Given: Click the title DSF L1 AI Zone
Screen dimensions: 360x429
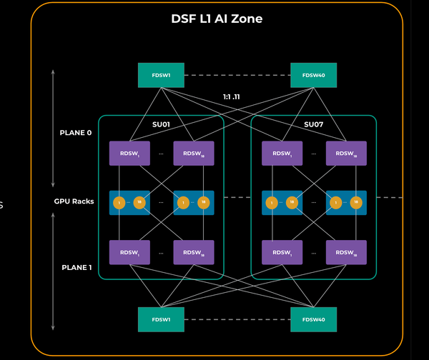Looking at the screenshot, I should coord(216,19).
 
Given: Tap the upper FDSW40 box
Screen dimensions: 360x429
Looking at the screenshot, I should coord(314,74).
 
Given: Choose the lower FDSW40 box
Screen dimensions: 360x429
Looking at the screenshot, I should coord(314,319).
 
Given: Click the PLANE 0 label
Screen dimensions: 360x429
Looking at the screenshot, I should coord(77,133).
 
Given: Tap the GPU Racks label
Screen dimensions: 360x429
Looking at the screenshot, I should coord(74,201).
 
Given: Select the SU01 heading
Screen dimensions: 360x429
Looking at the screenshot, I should coord(161,125).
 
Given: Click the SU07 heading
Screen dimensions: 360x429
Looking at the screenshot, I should coord(313,125).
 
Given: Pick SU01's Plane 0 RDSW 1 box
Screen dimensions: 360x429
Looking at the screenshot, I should coord(129,154).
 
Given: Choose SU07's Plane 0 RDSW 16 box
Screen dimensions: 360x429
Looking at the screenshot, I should coord(346,154).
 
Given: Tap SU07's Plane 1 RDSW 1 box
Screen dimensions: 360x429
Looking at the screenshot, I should coord(282,252).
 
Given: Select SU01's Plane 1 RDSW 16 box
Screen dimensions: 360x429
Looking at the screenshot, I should coord(194,252).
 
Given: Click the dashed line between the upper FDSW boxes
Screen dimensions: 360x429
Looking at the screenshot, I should coord(237,74).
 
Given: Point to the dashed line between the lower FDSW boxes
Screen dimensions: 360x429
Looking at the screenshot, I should coord(237,319).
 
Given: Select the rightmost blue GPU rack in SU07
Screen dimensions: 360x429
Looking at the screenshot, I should coord(346,203).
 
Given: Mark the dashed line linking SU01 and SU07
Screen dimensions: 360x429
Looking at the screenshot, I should coord(237,196).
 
